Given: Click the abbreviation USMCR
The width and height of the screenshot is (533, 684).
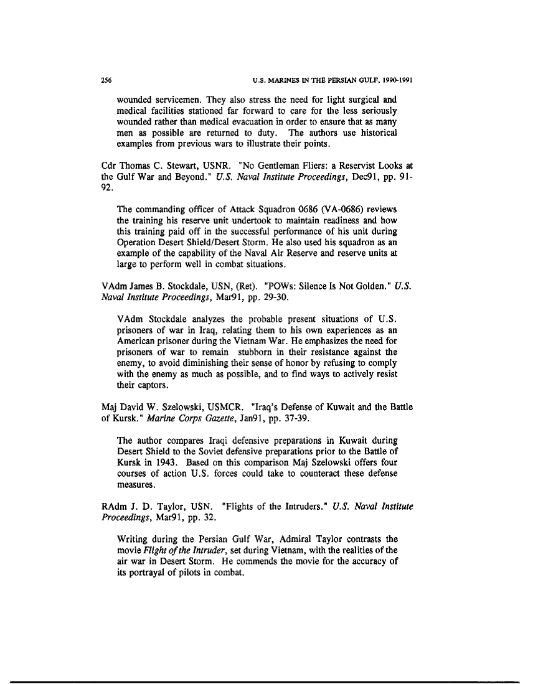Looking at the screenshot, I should [x=212, y=408].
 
